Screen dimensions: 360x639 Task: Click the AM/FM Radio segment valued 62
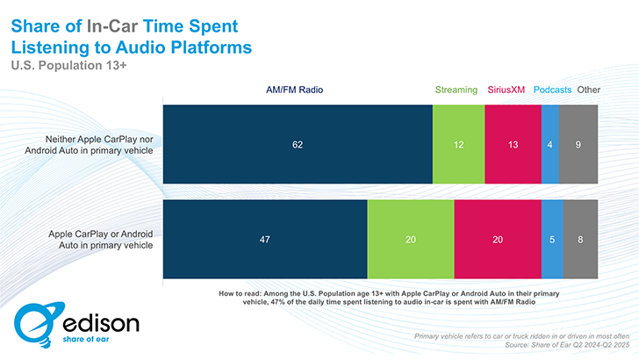[x=298, y=144]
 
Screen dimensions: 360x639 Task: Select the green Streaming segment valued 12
[x=458, y=144]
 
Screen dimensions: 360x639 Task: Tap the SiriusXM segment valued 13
[x=513, y=144]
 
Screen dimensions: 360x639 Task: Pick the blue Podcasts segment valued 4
[x=549, y=144]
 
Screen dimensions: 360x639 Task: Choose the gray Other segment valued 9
[x=578, y=144]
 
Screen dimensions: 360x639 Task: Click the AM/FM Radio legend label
[x=293, y=90]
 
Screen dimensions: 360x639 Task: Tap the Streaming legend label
[x=456, y=90]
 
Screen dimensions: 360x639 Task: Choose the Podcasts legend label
[x=551, y=90]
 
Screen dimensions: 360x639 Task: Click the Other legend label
[x=589, y=90]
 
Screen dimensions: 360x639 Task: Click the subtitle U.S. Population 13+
[x=67, y=64]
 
